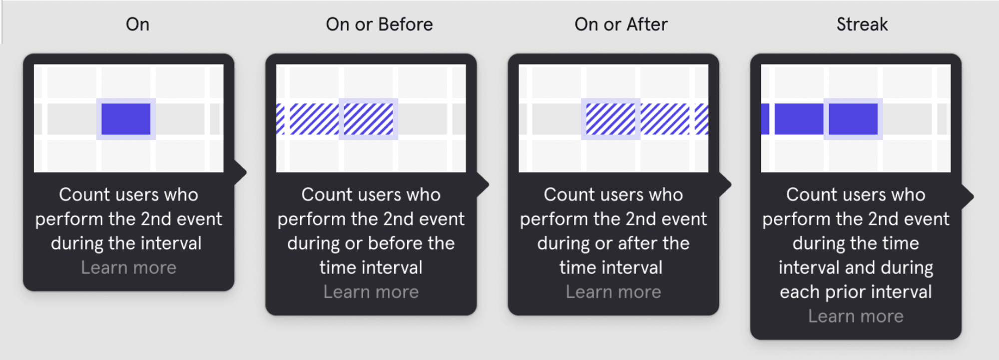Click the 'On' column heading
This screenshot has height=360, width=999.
point(137,24)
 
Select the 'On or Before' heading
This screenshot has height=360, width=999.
point(379,24)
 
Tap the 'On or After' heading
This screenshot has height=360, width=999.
point(621,24)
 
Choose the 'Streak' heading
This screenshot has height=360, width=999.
point(862,24)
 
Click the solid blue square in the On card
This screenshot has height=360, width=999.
point(126,119)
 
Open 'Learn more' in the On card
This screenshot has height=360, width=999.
point(128,268)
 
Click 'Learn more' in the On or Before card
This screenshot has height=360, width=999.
point(371,292)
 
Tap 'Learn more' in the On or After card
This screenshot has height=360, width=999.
point(613,292)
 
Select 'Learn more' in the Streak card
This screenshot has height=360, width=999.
point(856,316)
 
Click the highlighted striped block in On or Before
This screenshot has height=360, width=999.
point(368,119)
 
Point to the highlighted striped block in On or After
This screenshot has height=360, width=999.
point(610,119)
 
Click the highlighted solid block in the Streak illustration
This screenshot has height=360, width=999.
point(853,119)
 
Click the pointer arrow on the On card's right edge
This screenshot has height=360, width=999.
point(241,172)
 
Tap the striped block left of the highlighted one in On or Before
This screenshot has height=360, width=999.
point(314,119)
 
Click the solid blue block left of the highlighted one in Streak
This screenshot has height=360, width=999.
point(798,119)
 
